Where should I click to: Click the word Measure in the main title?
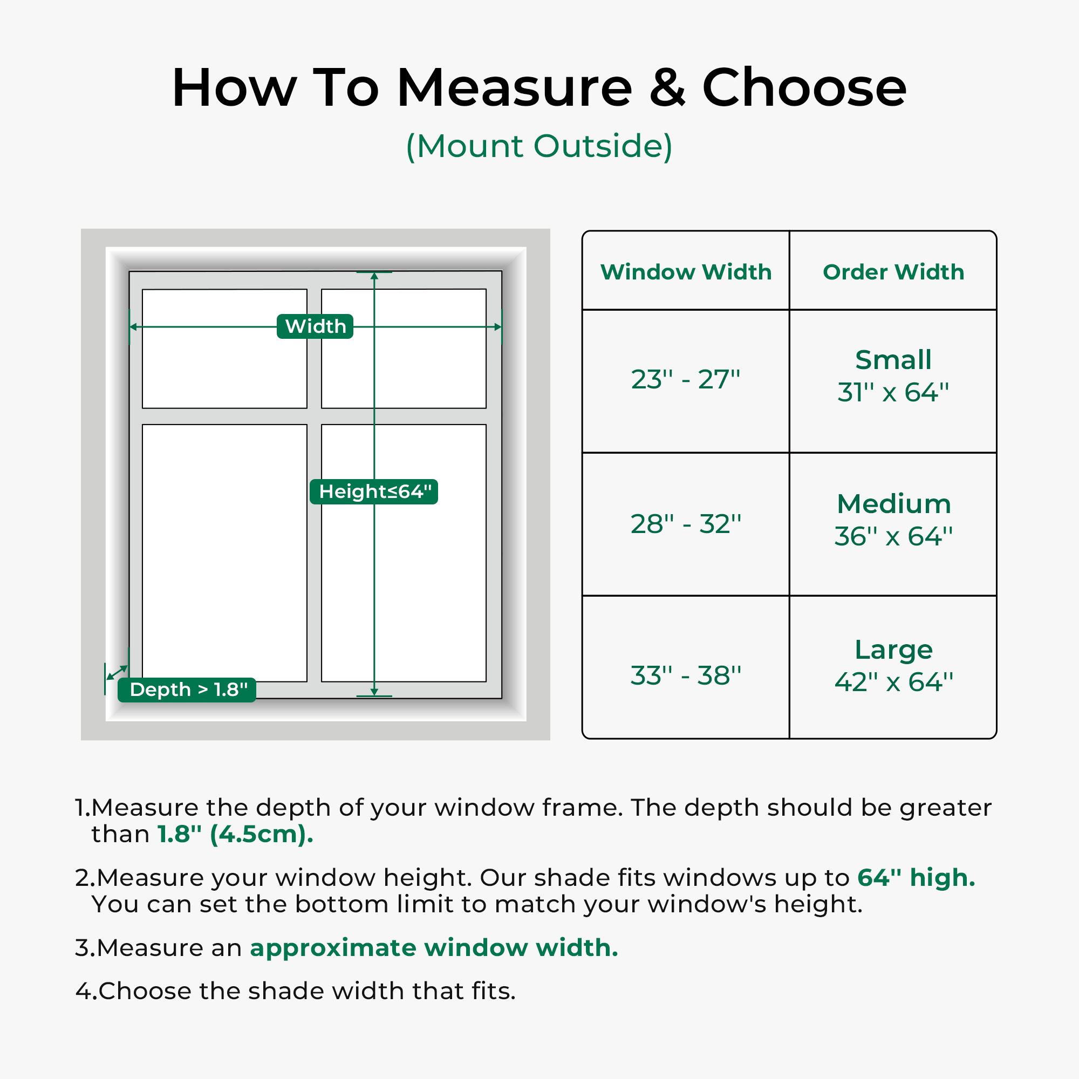514,88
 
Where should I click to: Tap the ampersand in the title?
667,88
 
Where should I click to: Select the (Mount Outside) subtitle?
539,146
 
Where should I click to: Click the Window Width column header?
686,272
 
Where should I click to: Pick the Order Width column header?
893,272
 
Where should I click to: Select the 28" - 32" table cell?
685,524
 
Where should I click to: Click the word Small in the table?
893,360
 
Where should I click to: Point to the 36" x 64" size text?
893,536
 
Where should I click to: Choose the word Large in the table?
893,650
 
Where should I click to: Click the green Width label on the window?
315,326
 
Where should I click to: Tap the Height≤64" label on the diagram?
374,491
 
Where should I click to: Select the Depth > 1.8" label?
187,689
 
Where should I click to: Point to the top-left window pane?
224,349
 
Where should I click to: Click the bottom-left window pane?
224,553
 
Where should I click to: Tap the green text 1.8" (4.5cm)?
235,835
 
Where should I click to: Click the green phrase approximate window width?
434,948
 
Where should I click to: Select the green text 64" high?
917,877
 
